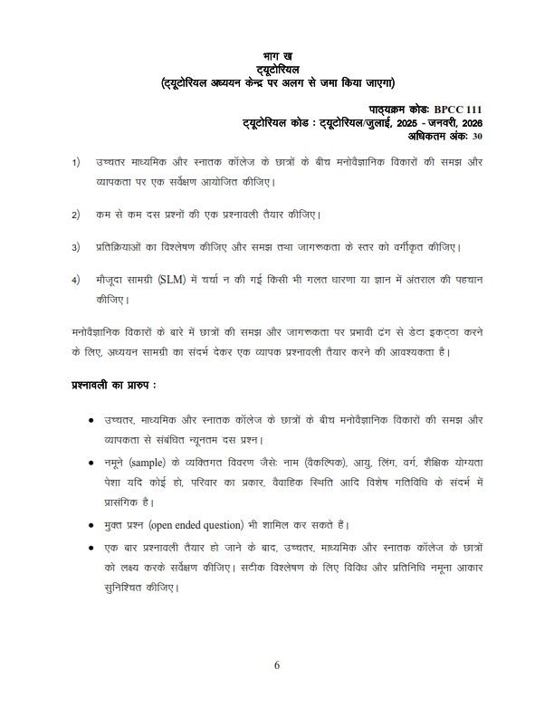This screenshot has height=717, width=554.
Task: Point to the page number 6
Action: pyautogui.click(x=278, y=666)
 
